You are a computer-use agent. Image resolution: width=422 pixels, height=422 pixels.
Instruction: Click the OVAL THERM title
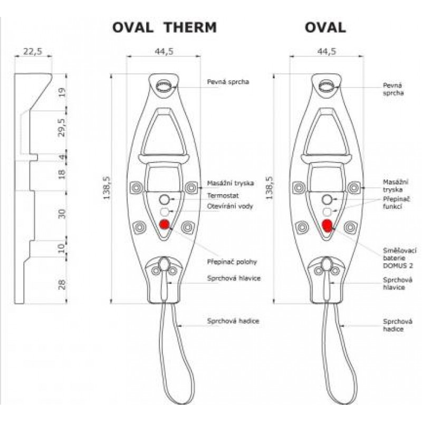(x=165, y=27)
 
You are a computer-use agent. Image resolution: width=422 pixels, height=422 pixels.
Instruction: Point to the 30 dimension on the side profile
(x=62, y=214)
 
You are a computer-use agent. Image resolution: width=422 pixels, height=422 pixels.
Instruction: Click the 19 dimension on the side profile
(x=62, y=92)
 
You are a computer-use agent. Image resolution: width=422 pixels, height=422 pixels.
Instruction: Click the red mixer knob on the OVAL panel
(x=327, y=226)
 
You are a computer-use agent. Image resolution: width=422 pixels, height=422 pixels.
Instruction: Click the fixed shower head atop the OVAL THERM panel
(x=165, y=86)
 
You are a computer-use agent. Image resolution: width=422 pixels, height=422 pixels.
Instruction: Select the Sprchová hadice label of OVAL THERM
(x=234, y=320)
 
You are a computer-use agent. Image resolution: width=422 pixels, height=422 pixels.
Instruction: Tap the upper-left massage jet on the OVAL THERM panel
(x=136, y=187)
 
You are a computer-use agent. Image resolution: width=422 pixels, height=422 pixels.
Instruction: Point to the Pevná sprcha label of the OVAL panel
(x=393, y=88)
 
